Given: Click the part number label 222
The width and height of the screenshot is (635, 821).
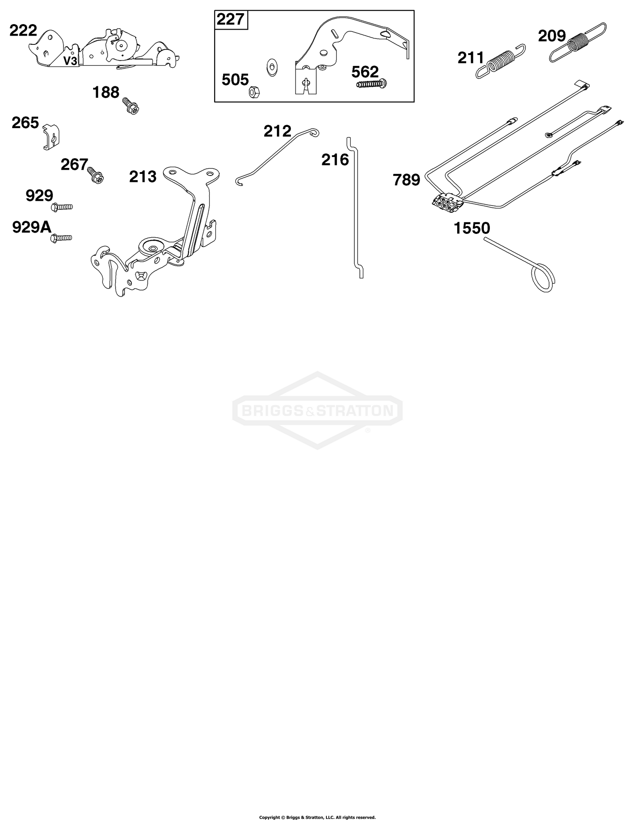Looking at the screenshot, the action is pos(23,31).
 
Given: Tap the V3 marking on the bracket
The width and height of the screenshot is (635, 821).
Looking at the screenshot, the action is pos(70,61).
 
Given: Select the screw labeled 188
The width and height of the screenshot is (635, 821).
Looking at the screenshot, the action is pos(131,105).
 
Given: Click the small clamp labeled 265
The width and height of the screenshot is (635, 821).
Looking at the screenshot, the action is pos(52,136).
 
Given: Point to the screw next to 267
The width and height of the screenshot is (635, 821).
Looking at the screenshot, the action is pos(95,175).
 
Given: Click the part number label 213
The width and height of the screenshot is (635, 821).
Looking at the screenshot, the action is pos(143,176).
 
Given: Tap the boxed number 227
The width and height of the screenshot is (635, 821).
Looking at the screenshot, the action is pos(231,19).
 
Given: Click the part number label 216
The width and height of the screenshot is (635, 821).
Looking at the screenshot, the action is pos(335,160).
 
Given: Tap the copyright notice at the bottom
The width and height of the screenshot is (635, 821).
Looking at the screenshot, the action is pos(317,805).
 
